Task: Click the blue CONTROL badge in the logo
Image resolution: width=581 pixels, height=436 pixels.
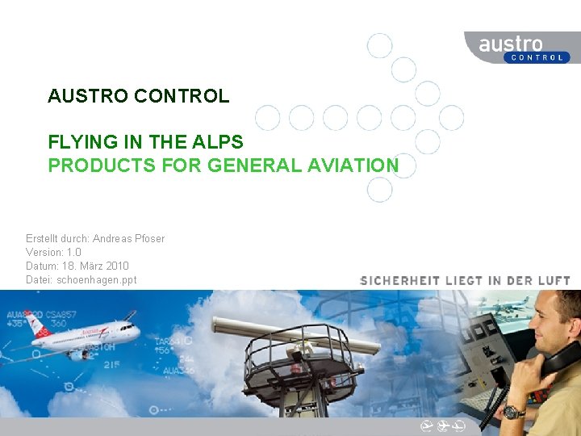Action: (537, 57)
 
